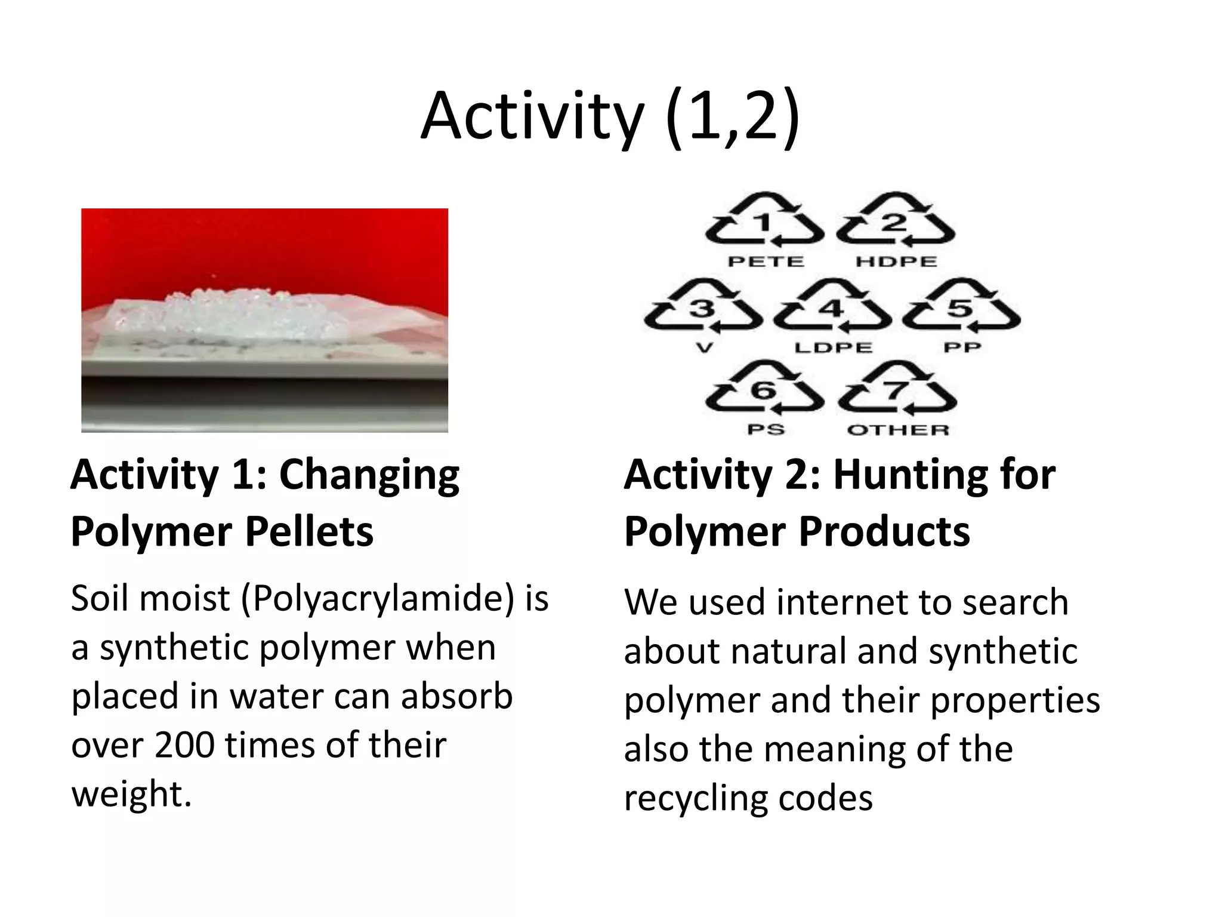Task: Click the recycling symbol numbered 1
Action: (x=764, y=221)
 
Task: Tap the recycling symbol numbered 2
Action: (x=895, y=221)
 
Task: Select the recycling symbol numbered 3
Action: (x=703, y=307)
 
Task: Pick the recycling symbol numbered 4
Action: (x=832, y=307)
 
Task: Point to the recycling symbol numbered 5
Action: (x=961, y=307)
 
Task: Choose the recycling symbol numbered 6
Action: (x=764, y=389)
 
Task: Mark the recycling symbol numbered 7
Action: (x=896, y=389)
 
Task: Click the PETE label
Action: (x=766, y=261)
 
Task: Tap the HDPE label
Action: (x=896, y=261)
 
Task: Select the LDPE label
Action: (x=833, y=347)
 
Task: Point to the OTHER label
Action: (x=898, y=430)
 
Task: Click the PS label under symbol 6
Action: (x=766, y=430)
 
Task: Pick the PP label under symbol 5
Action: (x=962, y=347)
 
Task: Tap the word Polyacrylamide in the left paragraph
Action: (x=382, y=598)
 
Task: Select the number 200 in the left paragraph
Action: (x=184, y=745)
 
